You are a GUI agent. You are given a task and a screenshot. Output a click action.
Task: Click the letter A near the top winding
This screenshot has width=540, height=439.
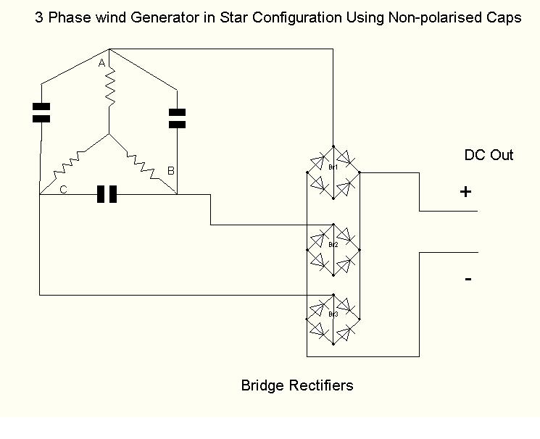click(x=102, y=64)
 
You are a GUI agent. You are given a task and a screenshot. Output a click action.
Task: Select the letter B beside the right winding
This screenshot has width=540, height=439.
click(x=171, y=171)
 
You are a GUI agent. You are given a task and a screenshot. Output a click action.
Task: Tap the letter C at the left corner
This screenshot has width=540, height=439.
click(x=64, y=189)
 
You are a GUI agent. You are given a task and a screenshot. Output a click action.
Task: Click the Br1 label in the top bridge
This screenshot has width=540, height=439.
click(x=333, y=167)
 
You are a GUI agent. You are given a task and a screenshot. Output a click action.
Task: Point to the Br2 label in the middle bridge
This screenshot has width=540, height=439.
click(x=333, y=245)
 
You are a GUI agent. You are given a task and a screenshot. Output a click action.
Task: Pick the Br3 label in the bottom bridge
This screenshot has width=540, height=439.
click(x=333, y=314)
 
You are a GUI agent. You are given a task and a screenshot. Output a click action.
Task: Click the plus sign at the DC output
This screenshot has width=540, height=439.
click(x=465, y=192)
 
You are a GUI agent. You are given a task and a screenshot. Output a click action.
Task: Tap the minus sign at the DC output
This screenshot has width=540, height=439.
click(x=468, y=279)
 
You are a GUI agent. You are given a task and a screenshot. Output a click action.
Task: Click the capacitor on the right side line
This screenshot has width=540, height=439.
click(x=177, y=118)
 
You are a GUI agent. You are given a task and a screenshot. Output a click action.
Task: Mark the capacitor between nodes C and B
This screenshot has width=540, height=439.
click(x=107, y=194)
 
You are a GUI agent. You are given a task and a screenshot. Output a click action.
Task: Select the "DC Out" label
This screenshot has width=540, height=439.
click(x=489, y=155)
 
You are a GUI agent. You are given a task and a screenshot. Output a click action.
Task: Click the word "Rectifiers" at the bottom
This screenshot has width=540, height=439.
click(x=320, y=385)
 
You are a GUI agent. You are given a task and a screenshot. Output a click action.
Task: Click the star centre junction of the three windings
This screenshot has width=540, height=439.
click(x=109, y=134)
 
